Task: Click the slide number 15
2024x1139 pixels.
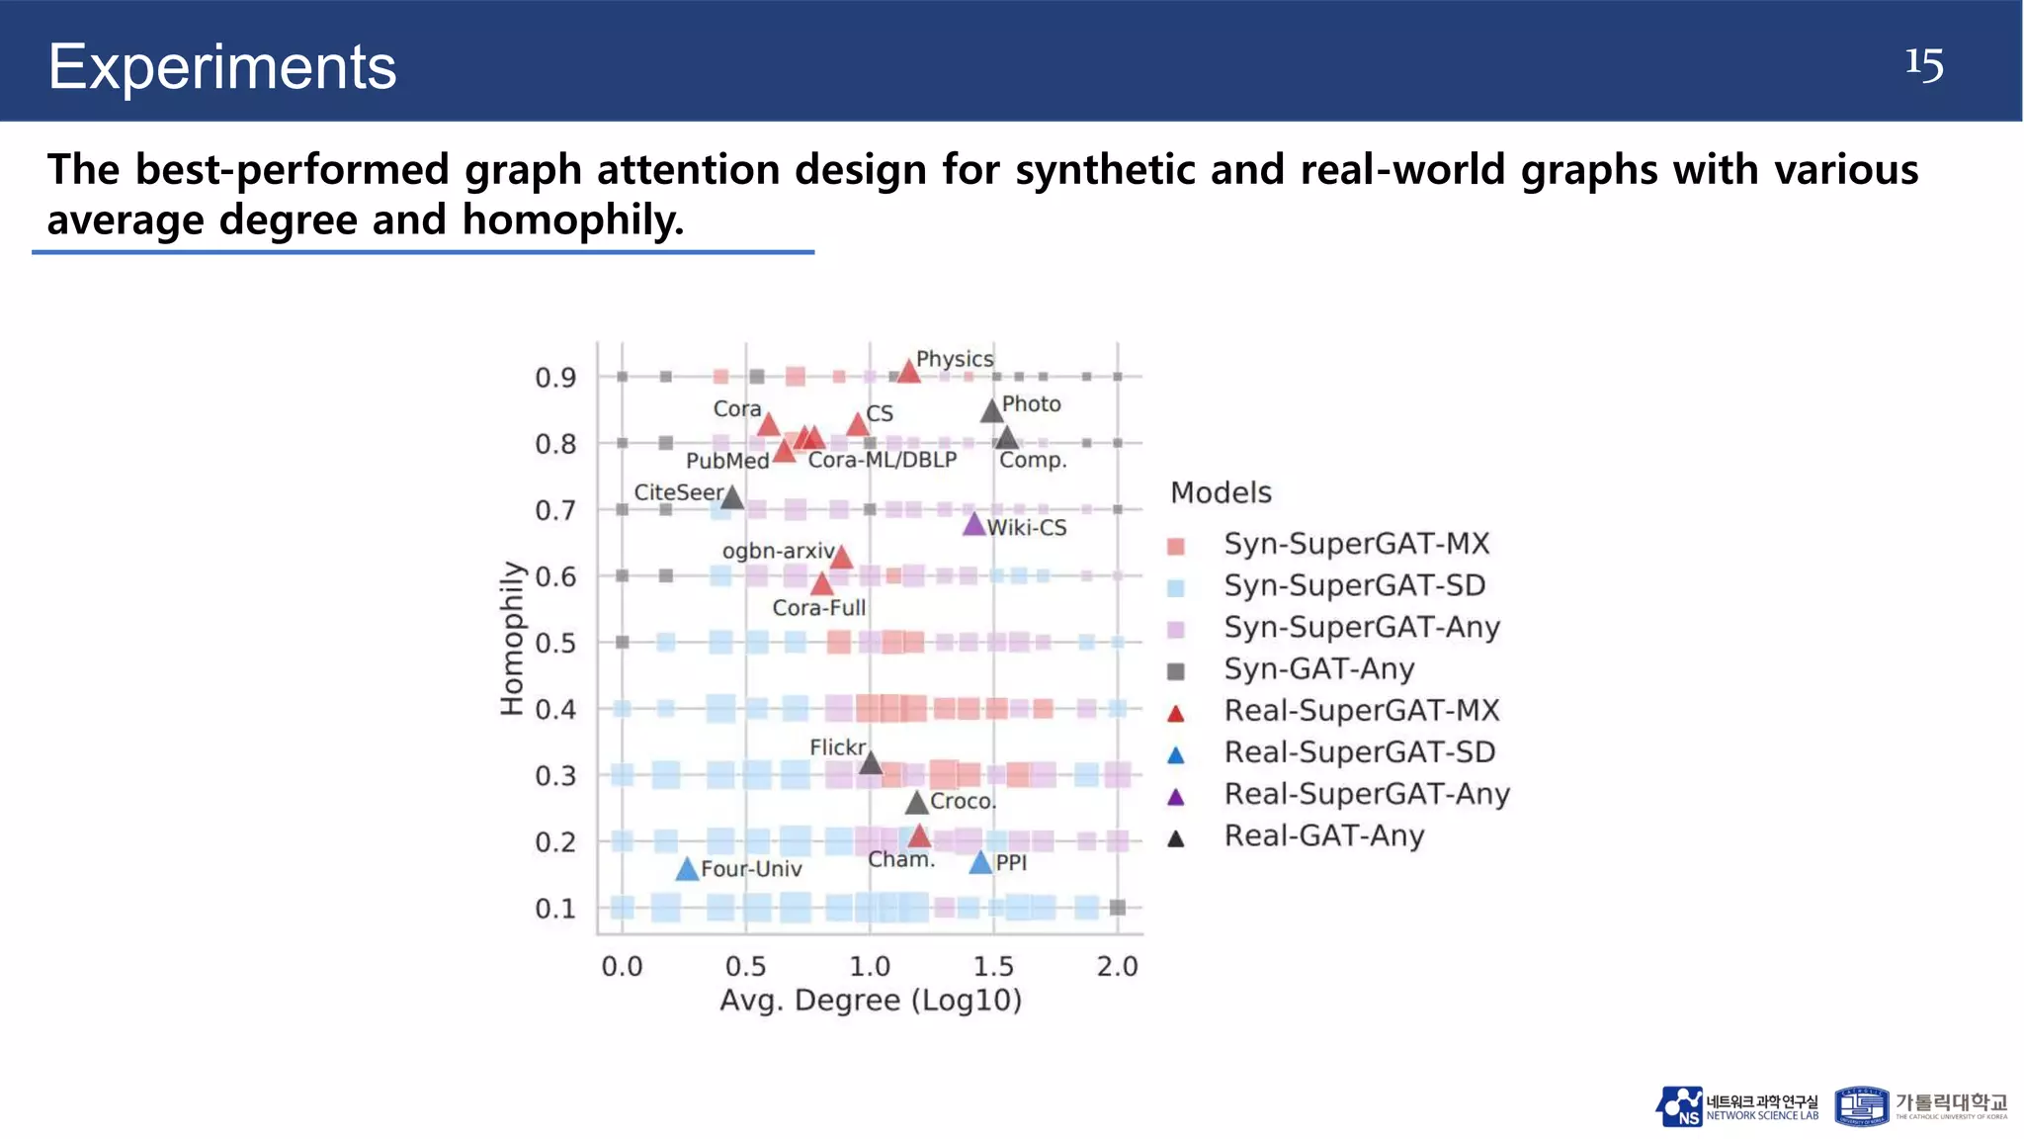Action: click(x=1923, y=65)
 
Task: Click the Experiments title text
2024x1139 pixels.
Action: click(x=222, y=67)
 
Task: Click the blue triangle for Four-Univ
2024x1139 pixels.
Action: click(x=687, y=870)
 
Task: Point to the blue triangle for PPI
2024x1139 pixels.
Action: click(x=979, y=863)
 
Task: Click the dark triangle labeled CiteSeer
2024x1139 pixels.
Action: click(x=731, y=497)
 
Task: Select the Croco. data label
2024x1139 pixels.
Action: click(x=963, y=801)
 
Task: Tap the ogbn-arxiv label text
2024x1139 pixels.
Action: click(x=779, y=551)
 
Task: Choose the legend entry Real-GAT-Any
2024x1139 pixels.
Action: click(x=1323, y=836)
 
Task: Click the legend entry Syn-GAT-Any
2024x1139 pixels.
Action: click(x=1318, y=669)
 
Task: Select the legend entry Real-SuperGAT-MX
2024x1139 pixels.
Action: click(x=1361, y=711)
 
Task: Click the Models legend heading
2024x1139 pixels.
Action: click(x=1221, y=492)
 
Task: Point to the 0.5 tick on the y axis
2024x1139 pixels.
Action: click(x=555, y=644)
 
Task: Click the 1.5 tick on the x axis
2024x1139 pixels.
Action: click(x=993, y=966)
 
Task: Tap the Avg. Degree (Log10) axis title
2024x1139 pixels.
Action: click(x=870, y=1001)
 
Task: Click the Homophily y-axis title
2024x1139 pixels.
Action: click(x=511, y=638)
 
